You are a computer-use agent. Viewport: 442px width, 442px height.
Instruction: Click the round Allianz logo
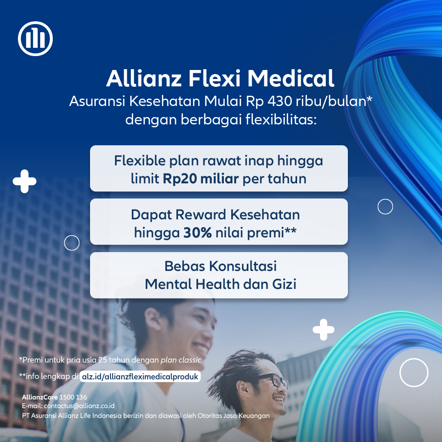pyautogui.click(x=35, y=38)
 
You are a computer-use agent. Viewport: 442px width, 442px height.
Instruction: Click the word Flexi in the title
pyautogui.click(x=214, y=78)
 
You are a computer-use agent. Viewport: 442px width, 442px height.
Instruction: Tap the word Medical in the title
pyautogui.click(x=291, y=78)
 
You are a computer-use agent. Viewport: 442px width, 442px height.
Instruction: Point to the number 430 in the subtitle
pyautogui.click(x=280, y=101)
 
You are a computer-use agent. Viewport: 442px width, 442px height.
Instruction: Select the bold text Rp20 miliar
pyautogui.click(x=201, y=179)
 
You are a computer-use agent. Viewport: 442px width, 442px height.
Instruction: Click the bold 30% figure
pyautogui.click(x=198, y=233)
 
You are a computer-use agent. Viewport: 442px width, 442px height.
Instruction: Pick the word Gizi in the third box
pyautogui.click(x=284, y=284)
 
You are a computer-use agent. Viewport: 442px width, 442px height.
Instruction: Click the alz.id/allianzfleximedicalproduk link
pyautogui.click(x=140, y=377)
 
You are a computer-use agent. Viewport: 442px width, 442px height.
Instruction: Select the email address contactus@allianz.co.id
pyautogui.click(x=79, y=406)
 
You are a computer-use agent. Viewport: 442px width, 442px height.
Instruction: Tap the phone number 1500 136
pyautogui.click(x=73, y=397)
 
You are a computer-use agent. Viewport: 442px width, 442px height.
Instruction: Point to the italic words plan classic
pyautogui.click(x=181, y=360)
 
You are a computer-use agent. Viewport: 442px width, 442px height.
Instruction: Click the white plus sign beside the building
pyautogui.click(x=25, y=181)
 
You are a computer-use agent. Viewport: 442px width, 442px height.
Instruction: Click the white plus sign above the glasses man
pyautogui.click(x=323, y=329)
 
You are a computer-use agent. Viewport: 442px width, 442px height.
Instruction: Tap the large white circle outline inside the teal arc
pyautogui.click(x=414, y=359)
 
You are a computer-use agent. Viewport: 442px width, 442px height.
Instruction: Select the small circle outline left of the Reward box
pyautogui.click(x=72, y=236)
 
